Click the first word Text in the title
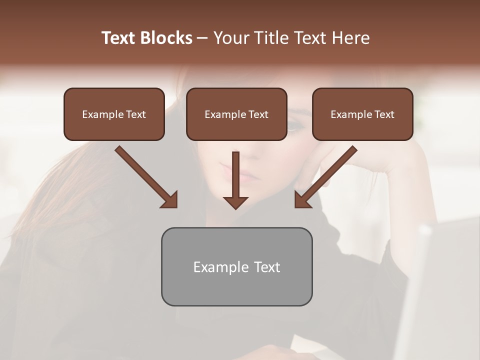click(x=119, y=38)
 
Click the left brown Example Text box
click(x=114, y=114)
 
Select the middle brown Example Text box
click(x=236, y=114)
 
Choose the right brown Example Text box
click(x=362, y=114)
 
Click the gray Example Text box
click(x=236, y=266)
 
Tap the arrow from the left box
click(x=145, y=176)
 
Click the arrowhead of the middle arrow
click(x=235, y=202)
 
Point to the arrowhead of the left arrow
click(x=170, y=199)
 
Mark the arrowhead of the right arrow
click(x=302, y=199)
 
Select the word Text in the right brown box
click(x=384, y=114)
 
